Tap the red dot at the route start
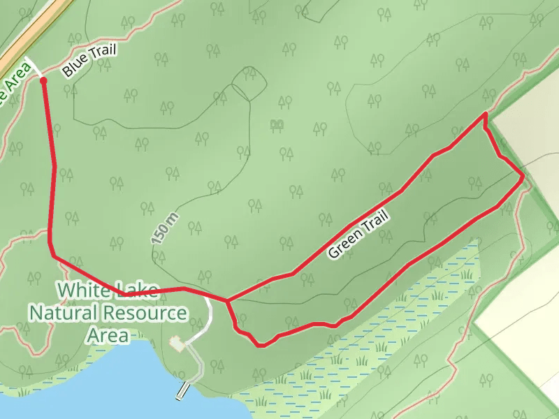tap(44, 80)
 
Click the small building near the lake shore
tap(177, 344)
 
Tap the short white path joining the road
tap(34, 67)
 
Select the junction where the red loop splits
tap(226, 301)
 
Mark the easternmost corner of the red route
tap(523, 177)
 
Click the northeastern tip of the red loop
tap(485, 113)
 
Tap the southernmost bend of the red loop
tap(261, 344)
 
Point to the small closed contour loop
tap(249, 84)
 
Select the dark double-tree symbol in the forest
tap(277, 125)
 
